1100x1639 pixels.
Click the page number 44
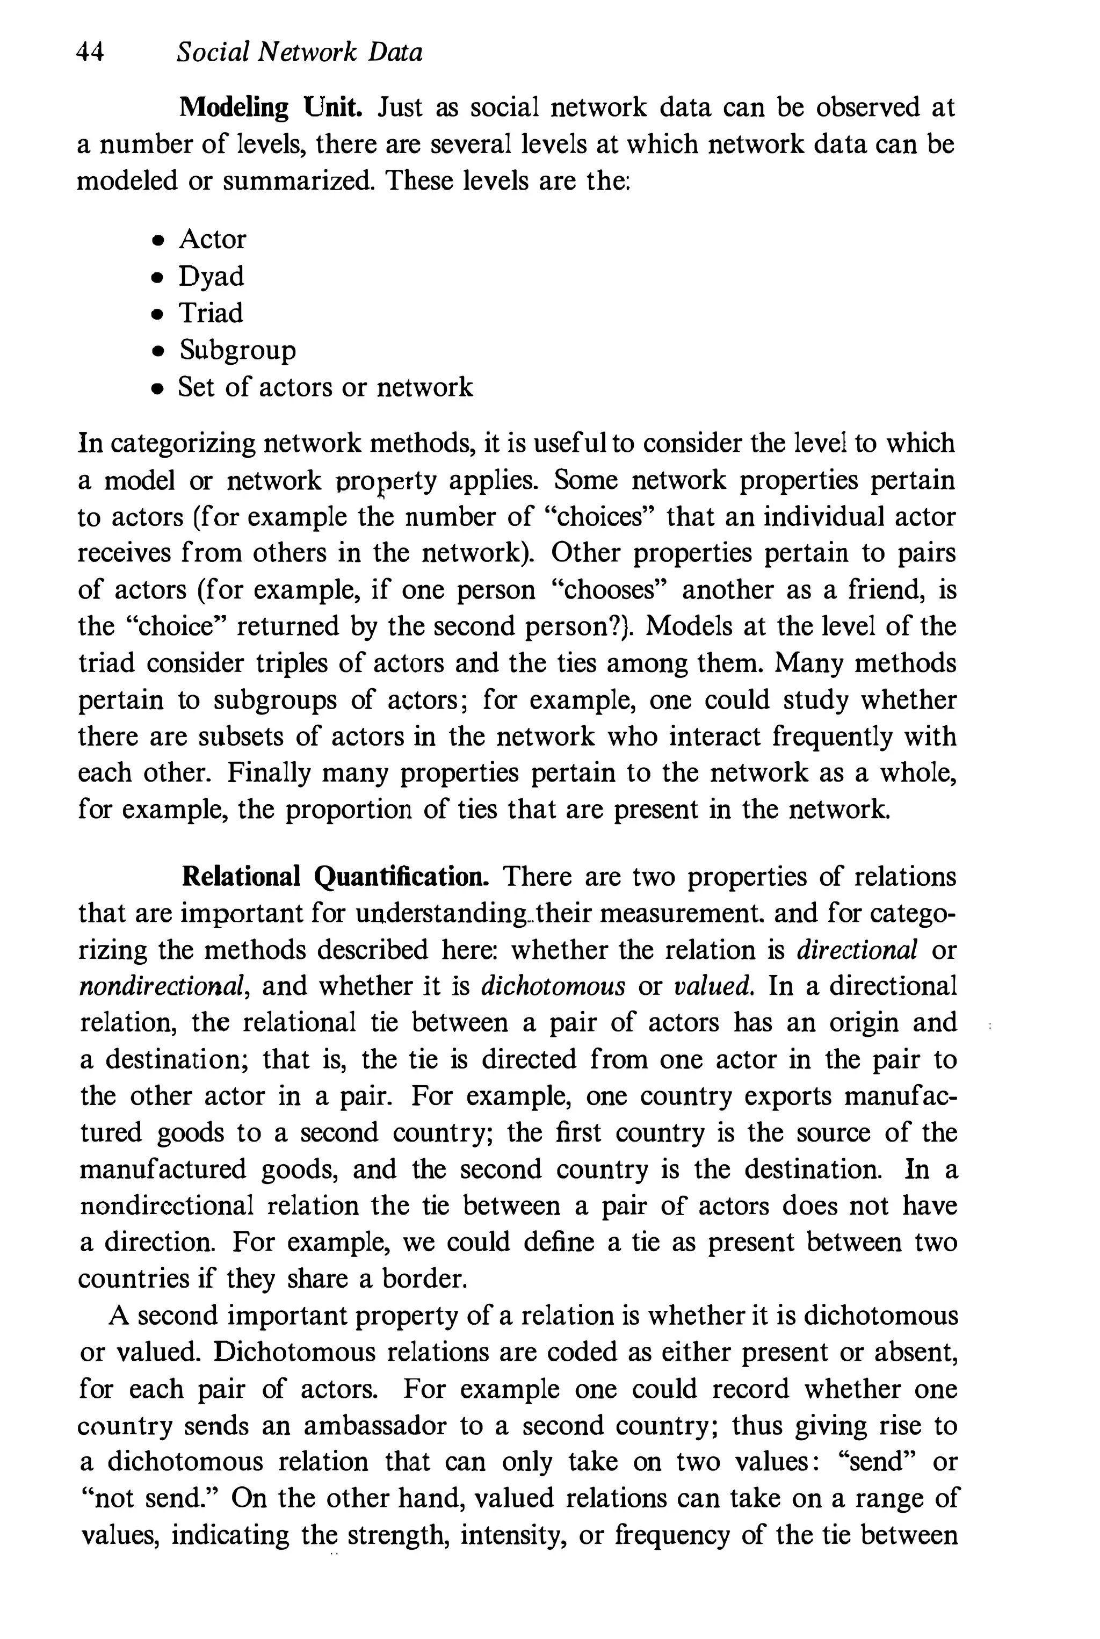coord(90,53)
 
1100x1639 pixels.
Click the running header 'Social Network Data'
coord(300,53)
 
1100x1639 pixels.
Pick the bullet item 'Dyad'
coord(211,277)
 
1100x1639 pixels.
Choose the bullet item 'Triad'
coord(211,313)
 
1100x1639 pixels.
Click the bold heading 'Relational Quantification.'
coord(335,877)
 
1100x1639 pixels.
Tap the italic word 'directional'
coord(857,950)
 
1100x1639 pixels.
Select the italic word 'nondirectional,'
coord(163,986)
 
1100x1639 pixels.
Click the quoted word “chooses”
coord(610,590)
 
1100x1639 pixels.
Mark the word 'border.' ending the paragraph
coord(424,1279)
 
